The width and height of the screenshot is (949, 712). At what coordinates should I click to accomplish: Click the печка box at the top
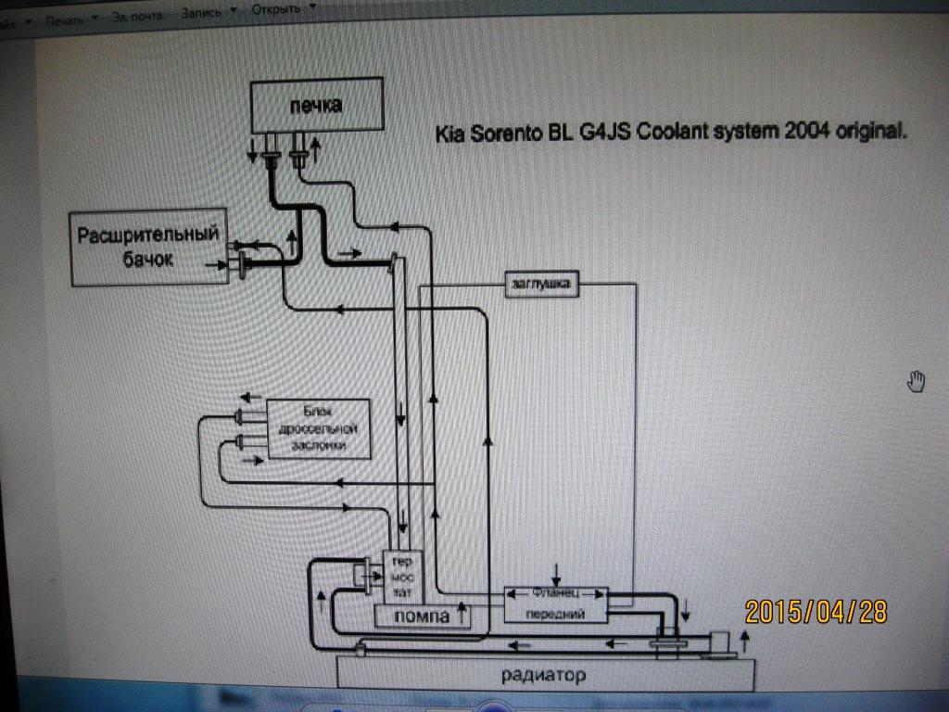(x=317, y=106)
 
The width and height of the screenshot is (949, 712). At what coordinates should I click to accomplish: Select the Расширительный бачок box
(x=149, y=246)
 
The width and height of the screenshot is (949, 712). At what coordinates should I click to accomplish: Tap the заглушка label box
(x=542, y=285)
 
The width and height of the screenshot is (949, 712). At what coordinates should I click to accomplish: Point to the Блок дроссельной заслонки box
(x=318, y=429)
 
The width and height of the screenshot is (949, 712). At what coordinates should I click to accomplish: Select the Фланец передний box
(x=556, y=603)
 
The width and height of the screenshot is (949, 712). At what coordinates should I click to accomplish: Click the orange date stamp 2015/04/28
(x=816, y=612)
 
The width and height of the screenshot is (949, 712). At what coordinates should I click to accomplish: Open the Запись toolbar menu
(x=205, y=12)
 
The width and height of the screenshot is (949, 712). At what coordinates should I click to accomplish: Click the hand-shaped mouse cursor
(x=917, y=380)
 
